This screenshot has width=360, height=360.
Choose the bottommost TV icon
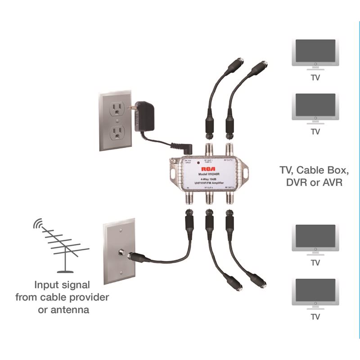[315, 292]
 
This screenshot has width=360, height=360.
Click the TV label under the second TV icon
[315, 132]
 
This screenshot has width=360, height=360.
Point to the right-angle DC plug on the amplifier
[187, 149]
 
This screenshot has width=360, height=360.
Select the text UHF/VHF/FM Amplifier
[207, 184]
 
